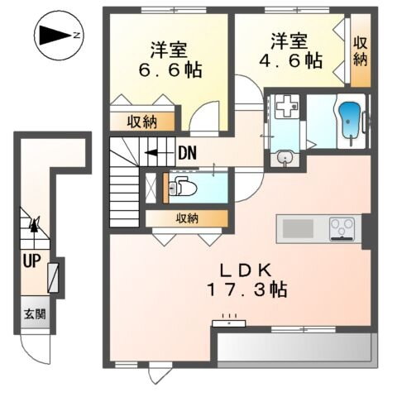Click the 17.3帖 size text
246,292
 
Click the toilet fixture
176,185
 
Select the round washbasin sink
285,155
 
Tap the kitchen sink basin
295,227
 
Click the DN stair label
187,152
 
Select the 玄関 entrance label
33,314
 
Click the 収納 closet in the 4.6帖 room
361,52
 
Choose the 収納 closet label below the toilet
187,218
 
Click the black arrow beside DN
154,152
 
